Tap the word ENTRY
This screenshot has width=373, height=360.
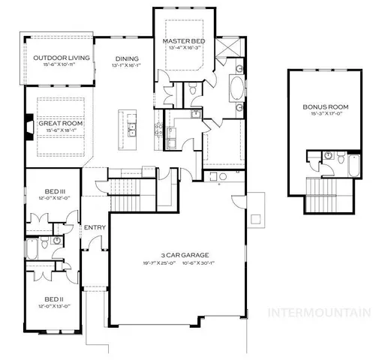95,227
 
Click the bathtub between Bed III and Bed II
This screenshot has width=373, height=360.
32,249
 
